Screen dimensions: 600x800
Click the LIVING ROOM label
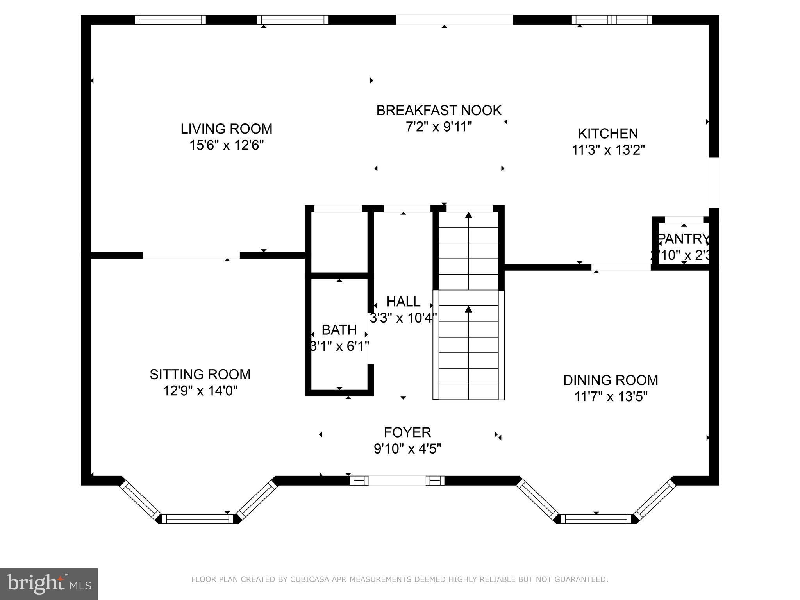pyautogui.click(x=226, y=129)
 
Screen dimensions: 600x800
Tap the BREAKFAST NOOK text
pyautogui.click(x=439, y=111)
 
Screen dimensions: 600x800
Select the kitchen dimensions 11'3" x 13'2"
pyautogui.click(x=608, y=150)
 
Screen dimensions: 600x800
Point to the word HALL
pyautogui.click(x=403, y=302)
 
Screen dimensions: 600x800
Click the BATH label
pyautogui.click(x=339, y=330)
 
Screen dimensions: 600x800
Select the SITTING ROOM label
pyautogui.click(x=200, y=374)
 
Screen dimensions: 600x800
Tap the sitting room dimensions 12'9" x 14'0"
pyautogui.click(x=200, y=391)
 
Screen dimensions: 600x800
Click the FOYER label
pyautogui.click(x=407, y=432)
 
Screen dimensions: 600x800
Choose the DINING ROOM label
pyautogui.click(x=610, y=380)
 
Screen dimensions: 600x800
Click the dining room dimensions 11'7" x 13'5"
pyautogui.click(x=611, y=397)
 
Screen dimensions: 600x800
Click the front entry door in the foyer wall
pyautogui.click(x=397, y=480)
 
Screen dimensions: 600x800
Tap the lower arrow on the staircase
pyautogui.click(x=468, y=309)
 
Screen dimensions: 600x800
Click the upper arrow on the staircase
pyautogui.click(x=468, y=215)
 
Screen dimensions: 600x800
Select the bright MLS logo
pyautogui.click(x=49, y=584)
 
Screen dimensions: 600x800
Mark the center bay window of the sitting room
pyautogui.click(x=198, y=519)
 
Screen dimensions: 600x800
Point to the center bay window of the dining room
pyautogui.click(x=596, y=519)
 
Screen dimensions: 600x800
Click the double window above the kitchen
pyautogui.click(x=612, y=20)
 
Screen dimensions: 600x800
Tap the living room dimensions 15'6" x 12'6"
pyautogui.click(x=226, y=145)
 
